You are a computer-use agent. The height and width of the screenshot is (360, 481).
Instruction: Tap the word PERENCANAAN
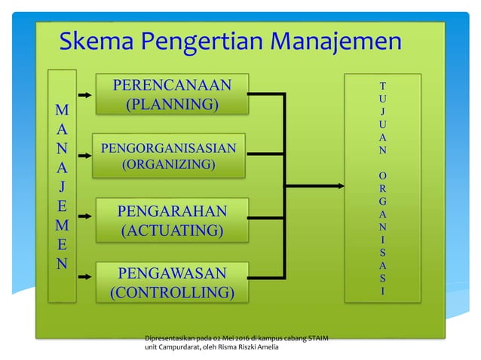point(172,83)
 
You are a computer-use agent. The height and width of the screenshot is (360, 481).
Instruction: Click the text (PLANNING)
point(172,104)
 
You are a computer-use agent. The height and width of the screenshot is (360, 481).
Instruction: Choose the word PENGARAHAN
point(173,209)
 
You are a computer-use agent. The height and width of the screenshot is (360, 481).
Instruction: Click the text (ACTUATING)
point(173,229)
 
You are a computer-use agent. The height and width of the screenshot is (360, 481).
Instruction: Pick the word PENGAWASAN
point(173,273)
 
